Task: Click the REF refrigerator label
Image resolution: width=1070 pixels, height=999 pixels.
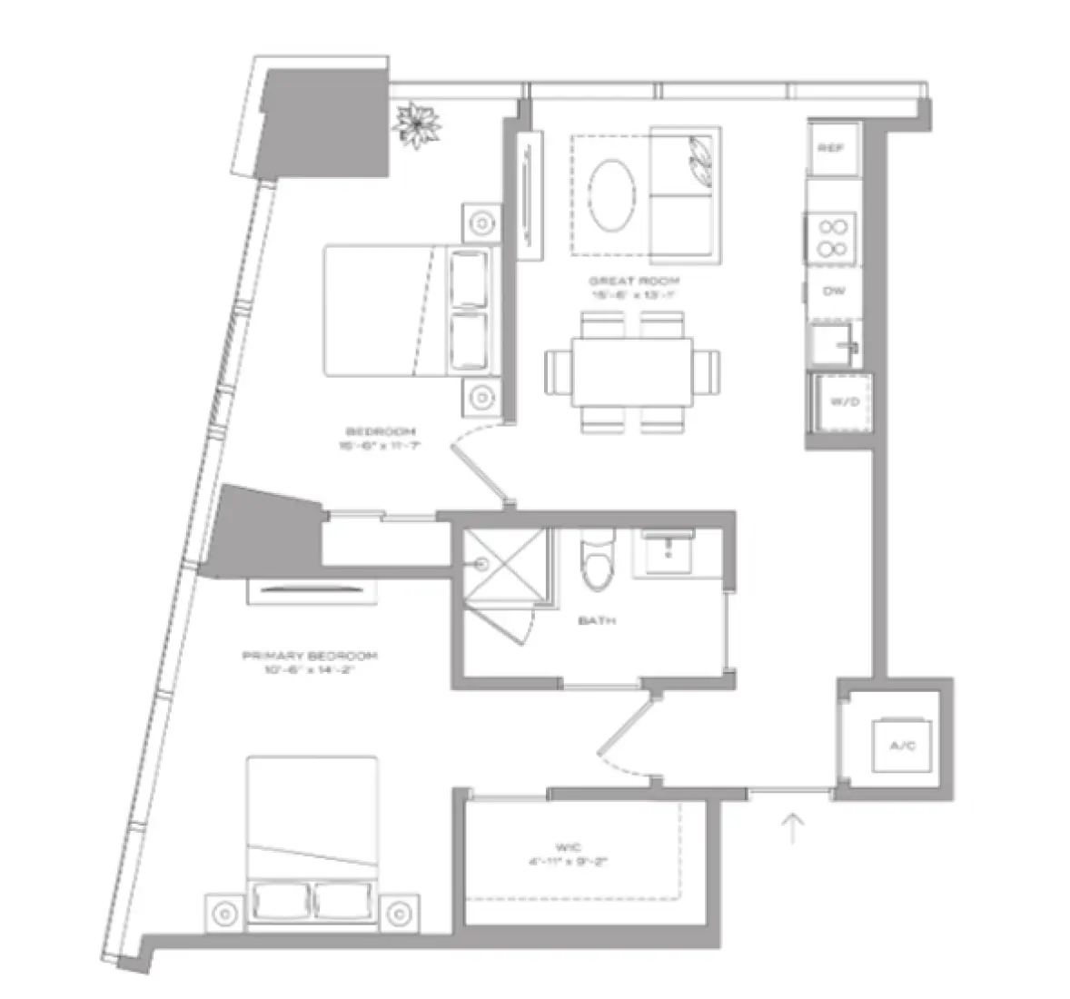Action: (832, 147)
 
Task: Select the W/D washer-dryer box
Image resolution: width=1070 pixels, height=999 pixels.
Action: (840, 401)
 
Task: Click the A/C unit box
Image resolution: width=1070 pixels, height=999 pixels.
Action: (900, 746)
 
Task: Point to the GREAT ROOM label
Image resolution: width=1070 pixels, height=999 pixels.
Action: (634, 282)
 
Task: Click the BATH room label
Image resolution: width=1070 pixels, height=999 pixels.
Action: (597, 620)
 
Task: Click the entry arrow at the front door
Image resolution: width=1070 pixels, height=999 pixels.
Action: (794, 826)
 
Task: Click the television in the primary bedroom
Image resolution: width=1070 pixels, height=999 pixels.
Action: (312, 591)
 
